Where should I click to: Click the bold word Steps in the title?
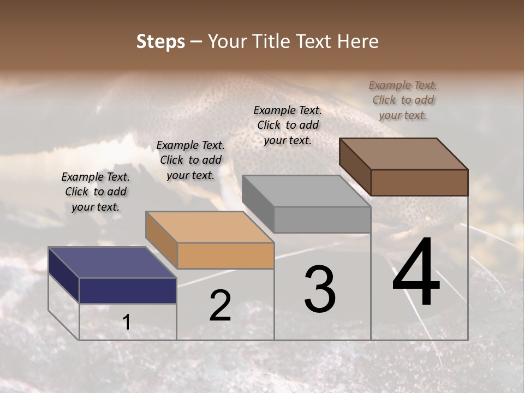point(160,41)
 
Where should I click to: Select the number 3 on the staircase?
point(320,289)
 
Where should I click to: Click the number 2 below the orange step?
point(220,306)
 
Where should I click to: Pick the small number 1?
point(127,323)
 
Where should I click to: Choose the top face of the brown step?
point(403,153)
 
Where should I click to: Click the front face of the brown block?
point(419,182)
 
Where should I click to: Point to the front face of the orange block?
point(225,255)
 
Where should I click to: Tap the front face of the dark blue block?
point(128,290)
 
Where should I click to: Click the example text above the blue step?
point(96,192)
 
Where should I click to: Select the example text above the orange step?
point(190,160)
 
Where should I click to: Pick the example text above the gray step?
point(288,125)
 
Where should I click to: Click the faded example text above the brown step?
point(403,100)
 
